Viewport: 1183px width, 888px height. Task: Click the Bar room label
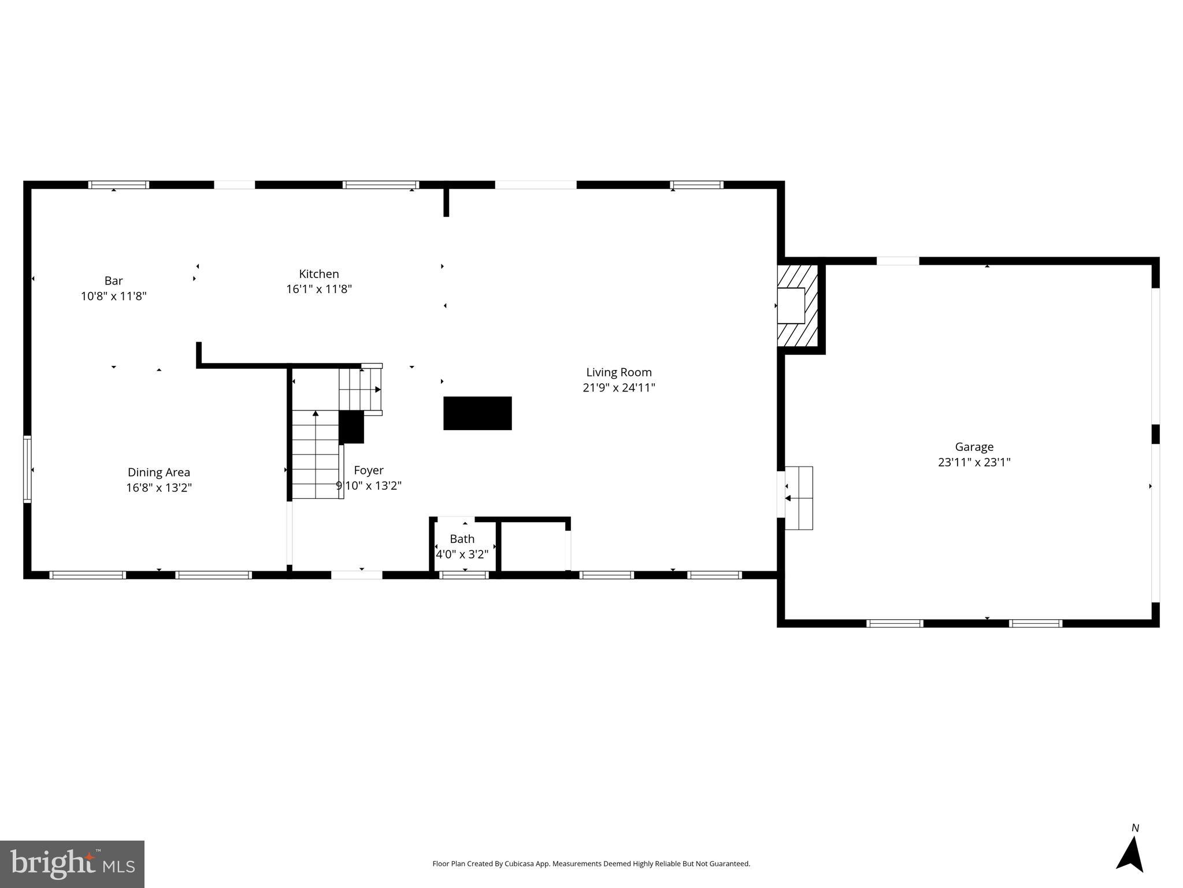point(113,281)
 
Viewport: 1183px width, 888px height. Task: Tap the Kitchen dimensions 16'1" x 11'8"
point(318,289)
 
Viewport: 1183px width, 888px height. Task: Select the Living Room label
point(618,372)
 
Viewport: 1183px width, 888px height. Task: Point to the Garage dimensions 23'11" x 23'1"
point(974,462)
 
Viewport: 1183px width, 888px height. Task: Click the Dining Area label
point(158,472)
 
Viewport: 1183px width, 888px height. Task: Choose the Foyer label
point(368,471)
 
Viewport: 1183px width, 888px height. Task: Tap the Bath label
point(462,539)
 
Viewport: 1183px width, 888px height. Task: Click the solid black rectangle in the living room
point(477,413)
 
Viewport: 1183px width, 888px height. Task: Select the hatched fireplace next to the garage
point(797,306)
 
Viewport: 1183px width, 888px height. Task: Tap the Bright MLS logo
point(72,864)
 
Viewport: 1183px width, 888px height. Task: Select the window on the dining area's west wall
point(27,469)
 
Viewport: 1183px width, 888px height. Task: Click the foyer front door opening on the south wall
point(357,575)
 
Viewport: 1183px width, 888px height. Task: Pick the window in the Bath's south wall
point(463,575)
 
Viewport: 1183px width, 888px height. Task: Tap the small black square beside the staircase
point(351,427)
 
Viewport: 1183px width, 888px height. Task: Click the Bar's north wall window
point(118,185)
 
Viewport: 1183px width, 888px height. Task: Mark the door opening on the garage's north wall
point(898,261)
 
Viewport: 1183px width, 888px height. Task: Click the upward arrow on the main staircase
point(316,414)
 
